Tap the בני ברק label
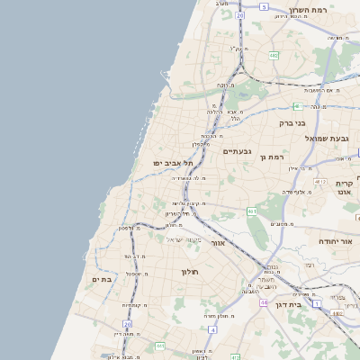click(292, 122)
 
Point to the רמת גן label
click(270, 157)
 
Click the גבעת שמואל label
click(331, 138)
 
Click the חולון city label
click(189, 271)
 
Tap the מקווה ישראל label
click(184, 238)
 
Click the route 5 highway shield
click(265, 6)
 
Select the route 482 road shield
click(273, 56)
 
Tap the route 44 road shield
click(264, 303)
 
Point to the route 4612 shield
click(320, 181)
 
